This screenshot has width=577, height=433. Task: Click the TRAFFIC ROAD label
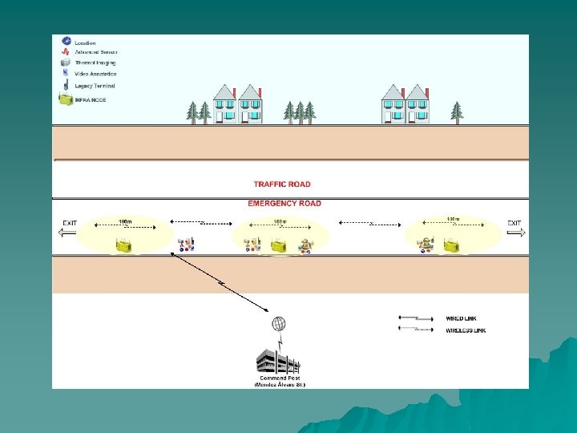pos(282,184)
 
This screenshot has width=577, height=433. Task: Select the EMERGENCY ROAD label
pos(284,204)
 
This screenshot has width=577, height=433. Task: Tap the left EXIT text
pos(71,223)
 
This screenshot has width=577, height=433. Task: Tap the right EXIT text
pos(514,223)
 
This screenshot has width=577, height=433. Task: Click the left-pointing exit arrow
pos(68,233)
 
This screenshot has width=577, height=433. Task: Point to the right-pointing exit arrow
pos(514,233)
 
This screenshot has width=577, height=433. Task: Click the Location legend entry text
pos(85,42)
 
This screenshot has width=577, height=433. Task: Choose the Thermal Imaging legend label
pos(95,63)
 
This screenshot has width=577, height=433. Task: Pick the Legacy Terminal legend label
pos(95,86)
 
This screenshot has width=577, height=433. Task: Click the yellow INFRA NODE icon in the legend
pos(65,99)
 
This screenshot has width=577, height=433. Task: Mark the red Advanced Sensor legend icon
pos(64,52)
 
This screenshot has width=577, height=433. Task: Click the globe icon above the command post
pos(278,324)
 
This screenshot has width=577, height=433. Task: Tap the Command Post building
pos(277,361)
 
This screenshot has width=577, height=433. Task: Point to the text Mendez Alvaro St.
pos(280,385)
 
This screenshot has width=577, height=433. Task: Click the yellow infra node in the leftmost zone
pos(123,245)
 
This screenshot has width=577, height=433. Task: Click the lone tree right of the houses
pos(457,111)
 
